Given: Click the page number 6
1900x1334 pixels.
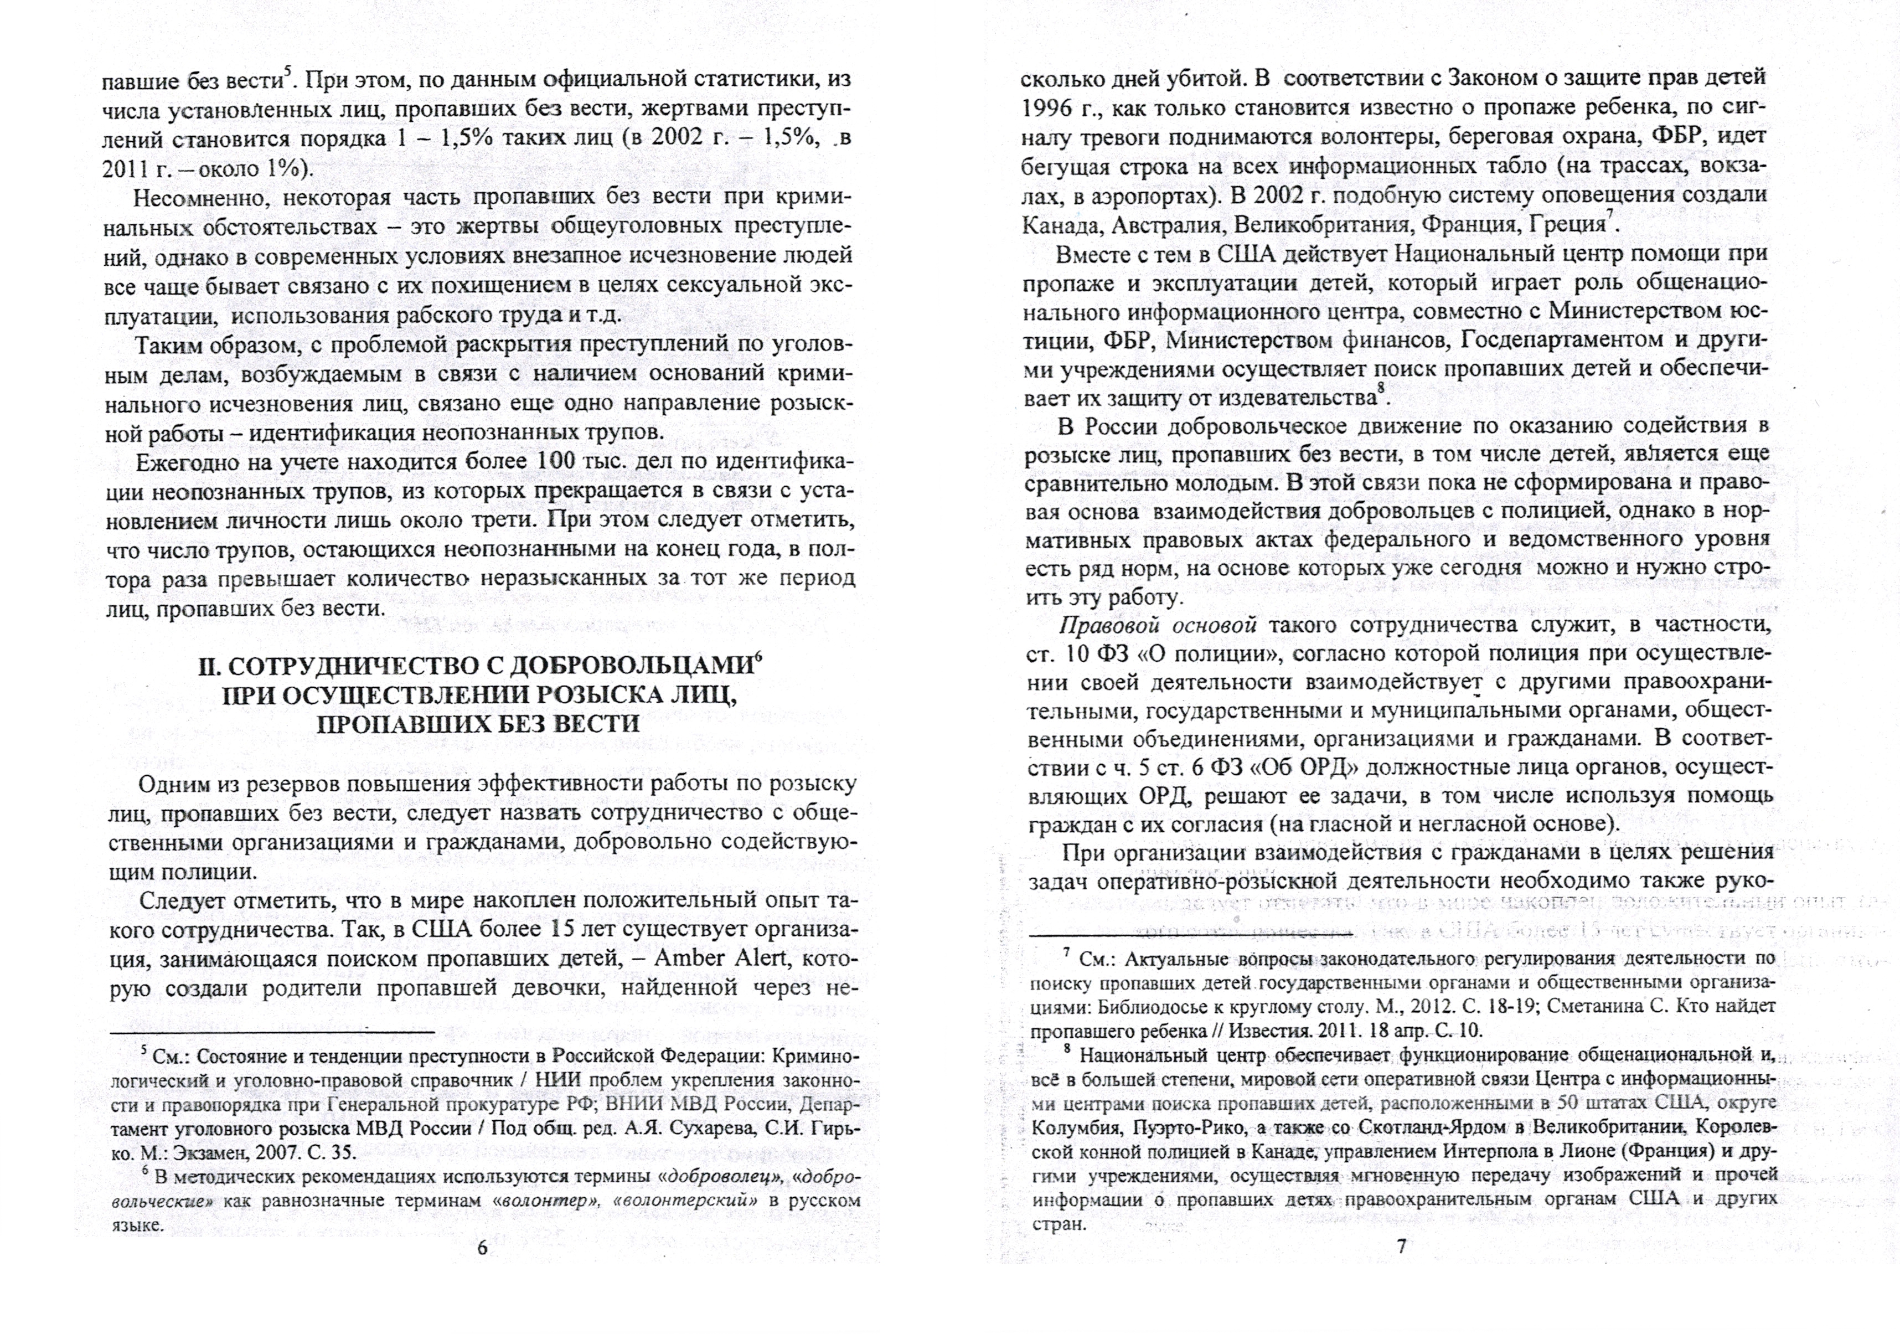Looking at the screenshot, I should (x=482, y=1273).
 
